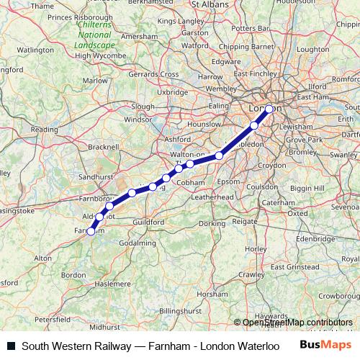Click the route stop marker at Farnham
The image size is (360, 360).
click(91, 231)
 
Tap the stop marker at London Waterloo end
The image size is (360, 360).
click(269, 109)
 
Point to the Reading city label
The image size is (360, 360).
click(45, 130)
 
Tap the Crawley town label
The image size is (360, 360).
click(251, 274)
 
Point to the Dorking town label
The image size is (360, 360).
click(212, 223)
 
